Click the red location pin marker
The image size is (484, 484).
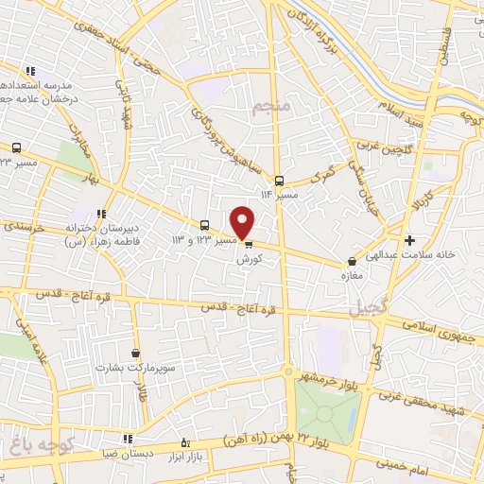243,221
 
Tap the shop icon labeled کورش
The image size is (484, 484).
248,243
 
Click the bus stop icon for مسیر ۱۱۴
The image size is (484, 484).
278,180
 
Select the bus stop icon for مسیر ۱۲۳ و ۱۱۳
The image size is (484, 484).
204,225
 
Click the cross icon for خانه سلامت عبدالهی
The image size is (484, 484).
408,240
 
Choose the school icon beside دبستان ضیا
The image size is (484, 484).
128,439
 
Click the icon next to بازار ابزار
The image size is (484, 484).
185,442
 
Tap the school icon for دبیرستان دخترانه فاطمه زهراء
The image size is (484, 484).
101,214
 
